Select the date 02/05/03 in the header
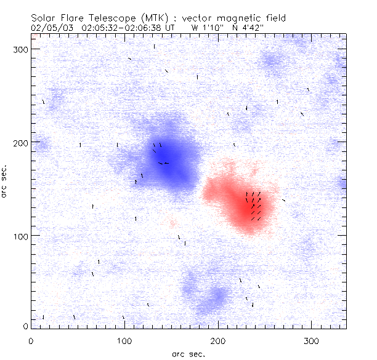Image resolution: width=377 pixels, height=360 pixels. pyautogui.click(x=48, y=28)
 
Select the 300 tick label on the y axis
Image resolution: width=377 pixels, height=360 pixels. pyautogui.click(x=20, y=50)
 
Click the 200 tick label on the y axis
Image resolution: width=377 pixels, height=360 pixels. pyautogui.click(x=20, y=143)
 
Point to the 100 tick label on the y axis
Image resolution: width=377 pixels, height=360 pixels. pyautogui.click(x=20, y=236)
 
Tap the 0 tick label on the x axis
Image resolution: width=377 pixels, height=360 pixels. pyautogui.click(x=31, y=340)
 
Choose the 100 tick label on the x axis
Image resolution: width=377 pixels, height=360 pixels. pyautogui.click(x=124, y=340)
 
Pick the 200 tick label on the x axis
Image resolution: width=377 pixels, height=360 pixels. pyautogui.click(x=218, y=340)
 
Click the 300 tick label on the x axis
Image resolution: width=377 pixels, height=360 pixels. pyautogui.click(x=312, y=340)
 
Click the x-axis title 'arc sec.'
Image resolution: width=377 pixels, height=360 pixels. pyautogui.click(x=188, y=354)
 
